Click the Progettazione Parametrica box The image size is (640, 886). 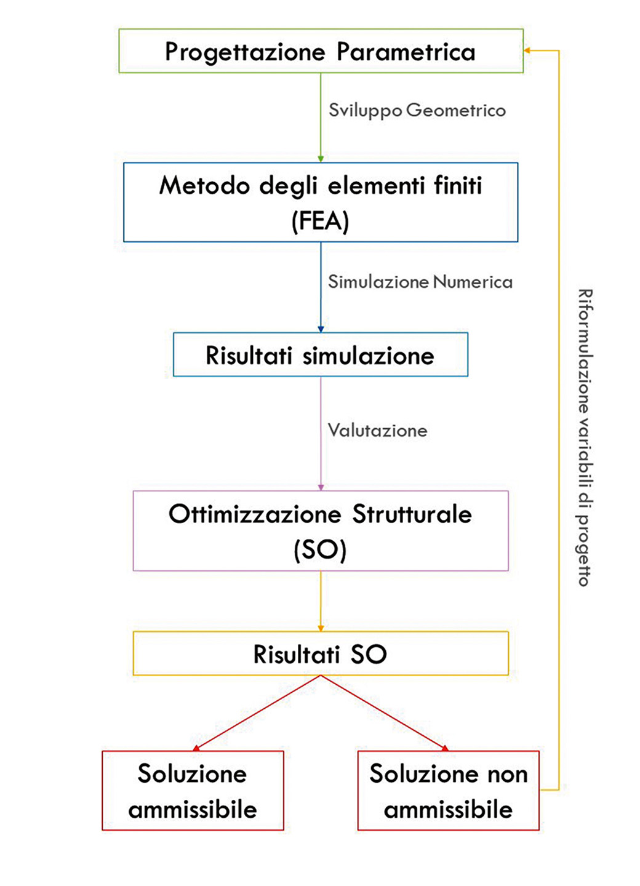point(320,51)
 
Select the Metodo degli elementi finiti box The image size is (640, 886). point(320,202)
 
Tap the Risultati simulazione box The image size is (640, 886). point(320,355)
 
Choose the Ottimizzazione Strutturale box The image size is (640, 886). point(320,530)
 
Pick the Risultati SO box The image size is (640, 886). point(320,653)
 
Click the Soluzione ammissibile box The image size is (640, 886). point(193,791)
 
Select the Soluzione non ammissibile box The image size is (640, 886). point(448,791)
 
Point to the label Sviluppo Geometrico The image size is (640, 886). point(417,111)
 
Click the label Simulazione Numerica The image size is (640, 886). point(420,282)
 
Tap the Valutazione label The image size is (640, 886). point(377,430)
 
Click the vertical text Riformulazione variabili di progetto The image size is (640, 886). point(585,437)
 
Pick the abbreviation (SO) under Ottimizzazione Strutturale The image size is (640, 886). point(320,549)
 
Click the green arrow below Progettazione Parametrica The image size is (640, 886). point(321,117)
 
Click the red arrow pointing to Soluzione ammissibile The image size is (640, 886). point(257,712)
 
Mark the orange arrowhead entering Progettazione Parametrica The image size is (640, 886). point(527,50)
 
